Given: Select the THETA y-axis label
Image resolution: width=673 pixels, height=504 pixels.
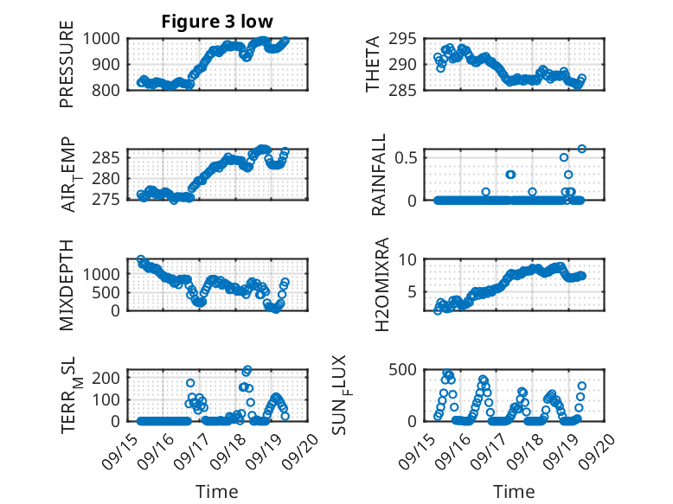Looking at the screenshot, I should point(373,64).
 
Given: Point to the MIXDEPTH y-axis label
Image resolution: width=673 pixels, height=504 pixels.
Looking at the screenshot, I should point(67,285).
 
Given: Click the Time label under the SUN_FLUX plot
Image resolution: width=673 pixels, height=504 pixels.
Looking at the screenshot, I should point(514,492).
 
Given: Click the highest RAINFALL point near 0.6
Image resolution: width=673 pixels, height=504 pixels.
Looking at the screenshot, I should point(582,149).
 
